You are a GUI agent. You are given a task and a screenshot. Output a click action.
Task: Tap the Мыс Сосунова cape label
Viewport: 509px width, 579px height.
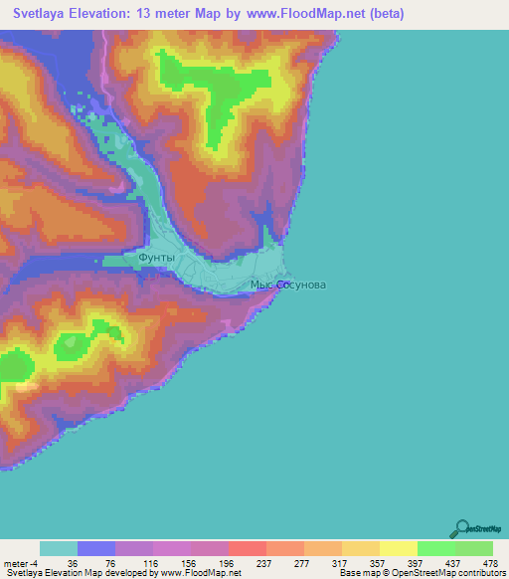pos(287,286)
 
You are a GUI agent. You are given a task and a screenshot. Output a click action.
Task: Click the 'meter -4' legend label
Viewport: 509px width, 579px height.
pos(20,563)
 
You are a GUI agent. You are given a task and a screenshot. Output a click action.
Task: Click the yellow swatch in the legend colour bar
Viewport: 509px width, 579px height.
pos(398,548)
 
